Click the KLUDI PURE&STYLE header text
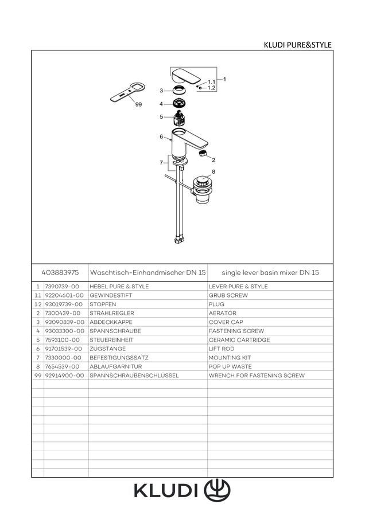(297, 45)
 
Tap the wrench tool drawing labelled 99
(127, 92)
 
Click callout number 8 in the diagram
(213, 171)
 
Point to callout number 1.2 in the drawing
(211, 88)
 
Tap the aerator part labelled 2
(203, 153)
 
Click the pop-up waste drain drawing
(202, 189)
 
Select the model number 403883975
(60, 272)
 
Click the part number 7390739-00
(62, 286)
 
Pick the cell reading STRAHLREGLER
(112, 313)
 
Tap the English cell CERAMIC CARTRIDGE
(239, 339)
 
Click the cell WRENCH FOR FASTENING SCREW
(257, 375)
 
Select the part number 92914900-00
(65, 375)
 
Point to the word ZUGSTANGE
(107, 349)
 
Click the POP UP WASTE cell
(230, 366)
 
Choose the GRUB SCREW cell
(228, 295)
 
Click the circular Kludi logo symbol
(217, 490)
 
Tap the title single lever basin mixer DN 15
(270, 272)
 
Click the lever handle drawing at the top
(186, 76)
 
